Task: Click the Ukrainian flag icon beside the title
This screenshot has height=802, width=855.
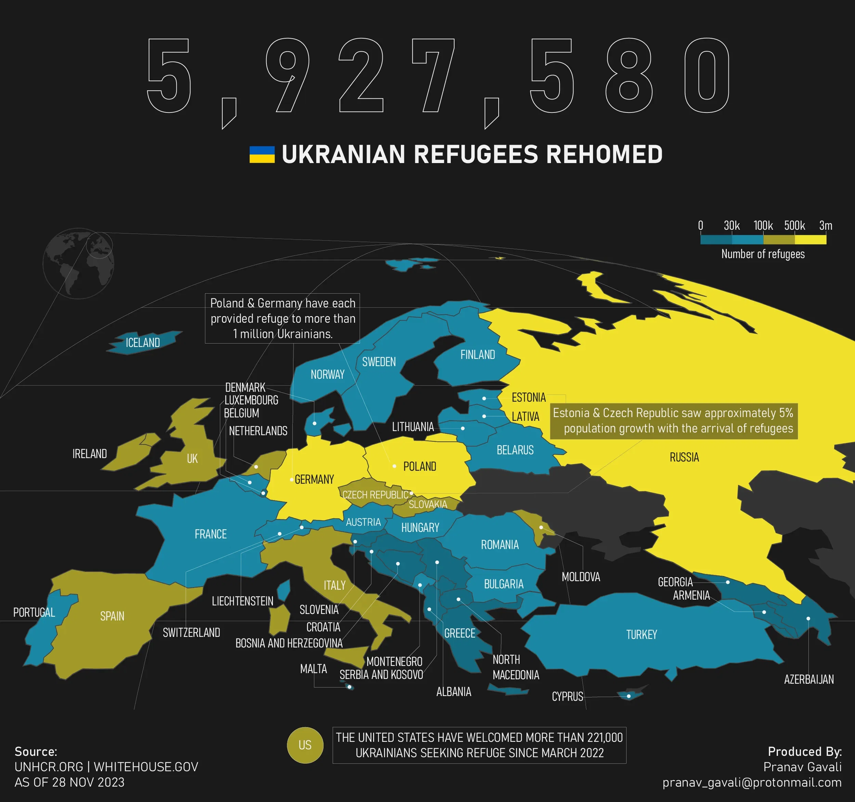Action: pyautogui.click(x=262, y=154)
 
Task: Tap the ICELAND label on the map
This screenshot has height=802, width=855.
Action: pyautogui.click(x=143, y=343)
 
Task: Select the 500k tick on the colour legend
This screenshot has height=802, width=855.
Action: pyautogui.click(x=794, y=226)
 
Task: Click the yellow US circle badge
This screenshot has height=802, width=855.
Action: pyautogui.click(x=305, y=745)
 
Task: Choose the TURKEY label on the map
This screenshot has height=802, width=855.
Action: pyautogui.click(x=641, y=634)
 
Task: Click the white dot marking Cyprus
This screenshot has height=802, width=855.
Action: pyautogui.click(x=628, y=696)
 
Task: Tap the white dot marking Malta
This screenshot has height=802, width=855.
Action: pyautogui.click(x=350, y=687)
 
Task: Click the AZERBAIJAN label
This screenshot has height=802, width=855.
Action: pyautogui.click(x=808, y=680)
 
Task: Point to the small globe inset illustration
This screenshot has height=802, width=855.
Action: pyautogui.click(x=78, y=263)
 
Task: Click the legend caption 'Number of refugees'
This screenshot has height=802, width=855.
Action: pyautogui.click(x=763, y=254)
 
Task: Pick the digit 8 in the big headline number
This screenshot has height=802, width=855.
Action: pyautogui.click(x=629, y=75)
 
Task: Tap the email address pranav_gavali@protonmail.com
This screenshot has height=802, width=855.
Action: pyautogui.click(x=752, y=782)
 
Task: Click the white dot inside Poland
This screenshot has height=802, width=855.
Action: pyautogui.click(x=394, y=466)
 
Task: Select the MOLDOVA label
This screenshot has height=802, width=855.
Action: pyautogui.click(x=581, y=577)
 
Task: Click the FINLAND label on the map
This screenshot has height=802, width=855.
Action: pyautogui.click(x=477, y=355)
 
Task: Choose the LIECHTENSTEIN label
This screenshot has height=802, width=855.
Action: pyautogui.click(x=242, y=601)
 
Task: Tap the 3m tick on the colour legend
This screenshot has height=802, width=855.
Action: pyautogui.click(x=825, y=226)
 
